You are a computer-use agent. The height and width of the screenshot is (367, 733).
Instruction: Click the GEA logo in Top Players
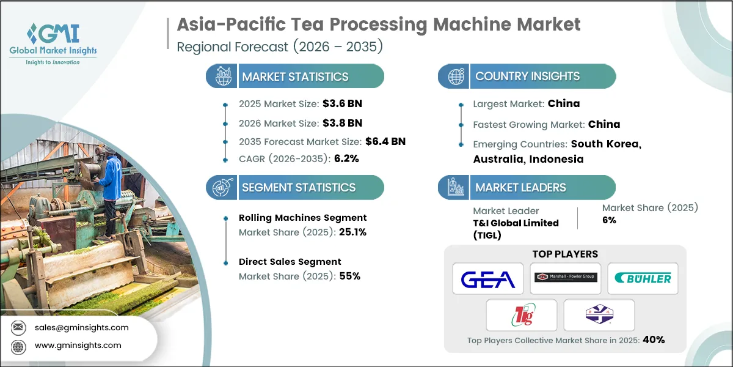[488, 279]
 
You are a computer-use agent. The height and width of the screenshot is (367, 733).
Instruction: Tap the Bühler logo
[643, 278]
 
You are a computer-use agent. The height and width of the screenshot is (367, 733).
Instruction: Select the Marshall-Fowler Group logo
[566, 277]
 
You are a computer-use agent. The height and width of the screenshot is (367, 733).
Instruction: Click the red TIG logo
[523, 314]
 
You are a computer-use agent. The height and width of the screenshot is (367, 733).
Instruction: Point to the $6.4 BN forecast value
[385, 141]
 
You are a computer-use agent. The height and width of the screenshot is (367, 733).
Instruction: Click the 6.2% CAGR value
[346, 158]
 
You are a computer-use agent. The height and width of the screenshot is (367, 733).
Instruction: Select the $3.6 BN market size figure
[342, 103]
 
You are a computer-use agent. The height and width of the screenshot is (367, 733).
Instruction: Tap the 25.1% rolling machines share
[353, 232]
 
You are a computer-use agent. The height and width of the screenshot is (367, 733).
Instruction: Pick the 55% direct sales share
[350, 276]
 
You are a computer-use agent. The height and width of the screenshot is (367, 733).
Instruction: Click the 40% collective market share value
[654, 339]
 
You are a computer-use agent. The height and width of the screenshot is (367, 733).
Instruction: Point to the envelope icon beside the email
[18, 327]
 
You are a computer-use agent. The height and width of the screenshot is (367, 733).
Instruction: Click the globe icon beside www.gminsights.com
[18, 346]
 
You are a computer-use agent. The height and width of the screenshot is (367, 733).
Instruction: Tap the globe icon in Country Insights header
[456, 76]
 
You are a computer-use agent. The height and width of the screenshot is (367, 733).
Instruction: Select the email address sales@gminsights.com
[81, 327]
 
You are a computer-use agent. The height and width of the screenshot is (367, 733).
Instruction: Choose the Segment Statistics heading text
[299, 187]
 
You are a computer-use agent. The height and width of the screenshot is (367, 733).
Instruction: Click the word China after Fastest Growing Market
[604, 124]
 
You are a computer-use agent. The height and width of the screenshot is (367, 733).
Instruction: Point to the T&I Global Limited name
[516, 223]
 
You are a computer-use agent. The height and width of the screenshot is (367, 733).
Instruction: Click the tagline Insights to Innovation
[53, 62]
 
